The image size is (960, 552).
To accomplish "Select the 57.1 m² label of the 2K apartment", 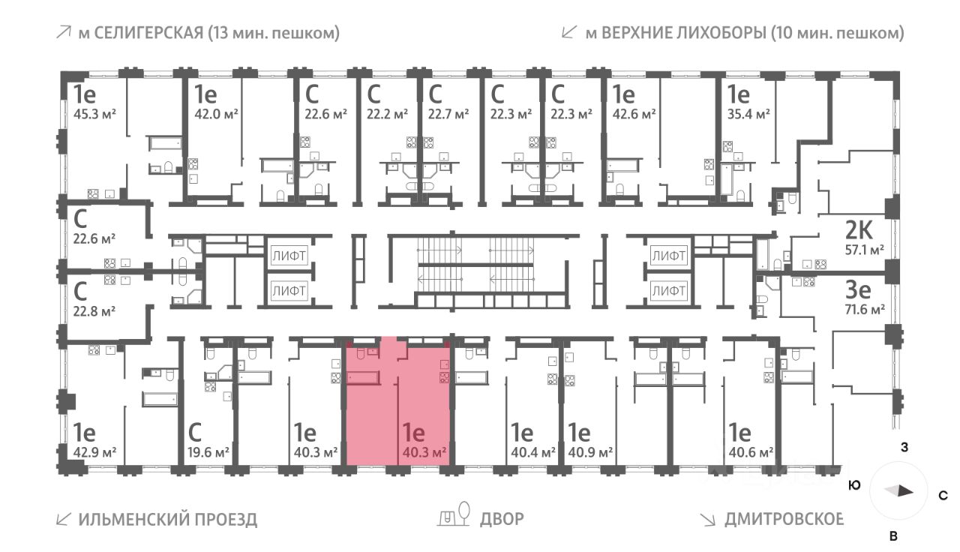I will click(x=864, y=249).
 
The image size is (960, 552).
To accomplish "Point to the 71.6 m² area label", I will click(x=865, y=308).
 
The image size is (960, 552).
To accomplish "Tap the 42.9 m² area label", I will click(x=94, y=452).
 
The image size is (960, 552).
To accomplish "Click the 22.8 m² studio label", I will click(x=94, y=308).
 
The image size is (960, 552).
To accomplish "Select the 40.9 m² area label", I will click(x=591, y=452).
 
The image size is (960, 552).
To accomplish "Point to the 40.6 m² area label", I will click(x=751, y=452).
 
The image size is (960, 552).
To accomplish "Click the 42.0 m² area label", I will click(x=216, y=114).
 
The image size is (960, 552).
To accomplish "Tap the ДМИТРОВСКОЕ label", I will click(x=784, y=519).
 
